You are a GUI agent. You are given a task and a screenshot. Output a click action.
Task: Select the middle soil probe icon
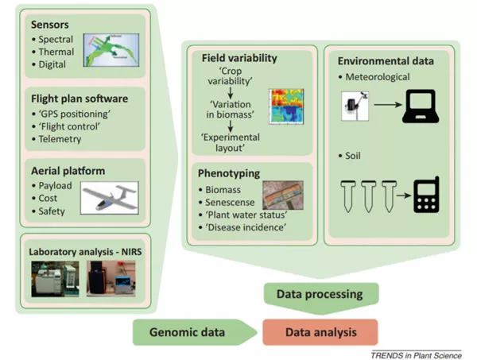[368, 195]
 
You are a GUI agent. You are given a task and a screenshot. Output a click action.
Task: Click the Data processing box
[318, 294]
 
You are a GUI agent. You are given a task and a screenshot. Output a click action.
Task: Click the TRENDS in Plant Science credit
[416, 354]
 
